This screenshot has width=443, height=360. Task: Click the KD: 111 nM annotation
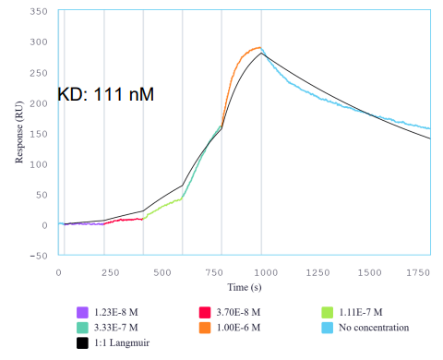(x=105, y=93)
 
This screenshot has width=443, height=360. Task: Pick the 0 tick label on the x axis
(x=59, y=272)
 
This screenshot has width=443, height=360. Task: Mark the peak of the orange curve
(x=257, y=48)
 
